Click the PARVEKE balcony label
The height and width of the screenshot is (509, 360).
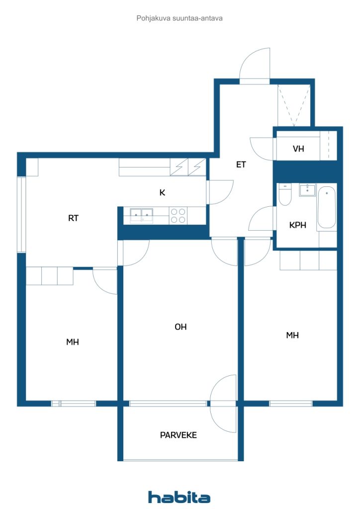click(178, 435)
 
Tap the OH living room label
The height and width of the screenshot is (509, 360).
click(180, 327)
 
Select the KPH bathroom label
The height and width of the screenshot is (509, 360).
click(298, 225)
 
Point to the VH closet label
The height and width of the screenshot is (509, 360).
click(298, 149)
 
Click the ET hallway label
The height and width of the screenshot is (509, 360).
click(241, 165)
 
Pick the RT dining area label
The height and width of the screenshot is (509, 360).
click(74, 218)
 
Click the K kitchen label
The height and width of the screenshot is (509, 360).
click(162, 192)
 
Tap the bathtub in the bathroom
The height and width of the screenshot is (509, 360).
click(327, 207)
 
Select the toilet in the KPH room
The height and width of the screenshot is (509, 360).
click(285, 195)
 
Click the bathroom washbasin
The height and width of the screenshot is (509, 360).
click(307, 190)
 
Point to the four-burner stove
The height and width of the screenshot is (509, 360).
click(178, 216)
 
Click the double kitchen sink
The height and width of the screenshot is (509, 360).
click(142, 216)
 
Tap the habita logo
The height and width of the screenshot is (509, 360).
click(179, 497)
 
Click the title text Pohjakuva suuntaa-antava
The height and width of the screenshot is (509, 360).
click(180, 18)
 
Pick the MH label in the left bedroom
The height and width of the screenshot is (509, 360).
click(73, 342)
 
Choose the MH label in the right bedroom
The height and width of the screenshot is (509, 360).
click(292, 336)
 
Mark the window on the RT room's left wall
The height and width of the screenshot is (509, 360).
click(21, 215)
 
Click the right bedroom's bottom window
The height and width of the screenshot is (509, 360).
click(290, 404)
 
